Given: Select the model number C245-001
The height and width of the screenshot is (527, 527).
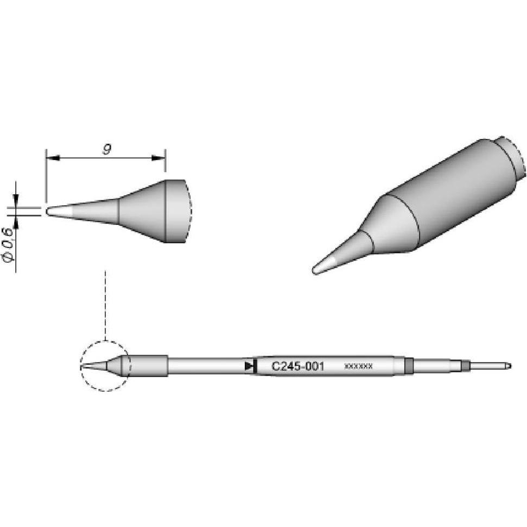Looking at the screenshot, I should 297,366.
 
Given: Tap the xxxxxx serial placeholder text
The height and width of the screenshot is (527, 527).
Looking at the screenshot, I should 358,366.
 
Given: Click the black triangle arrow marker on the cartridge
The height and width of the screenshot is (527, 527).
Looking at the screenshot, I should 250,366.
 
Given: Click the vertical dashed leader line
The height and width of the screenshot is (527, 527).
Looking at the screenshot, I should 105,304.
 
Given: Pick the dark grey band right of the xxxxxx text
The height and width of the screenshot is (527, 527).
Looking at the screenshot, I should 409,366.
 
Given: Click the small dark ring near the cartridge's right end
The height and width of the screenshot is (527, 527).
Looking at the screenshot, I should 465,366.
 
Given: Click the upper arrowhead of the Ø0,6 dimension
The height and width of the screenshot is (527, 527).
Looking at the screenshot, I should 16,201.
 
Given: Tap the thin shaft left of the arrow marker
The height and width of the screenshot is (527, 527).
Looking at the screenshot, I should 206,366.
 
